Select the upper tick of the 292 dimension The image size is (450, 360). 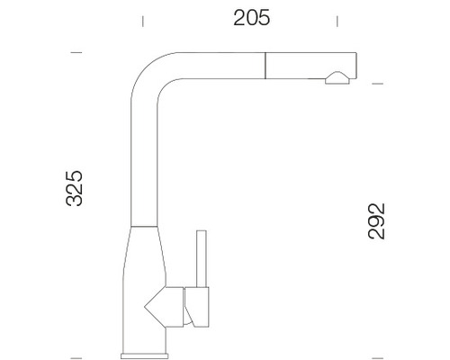(x=377, y=84)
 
